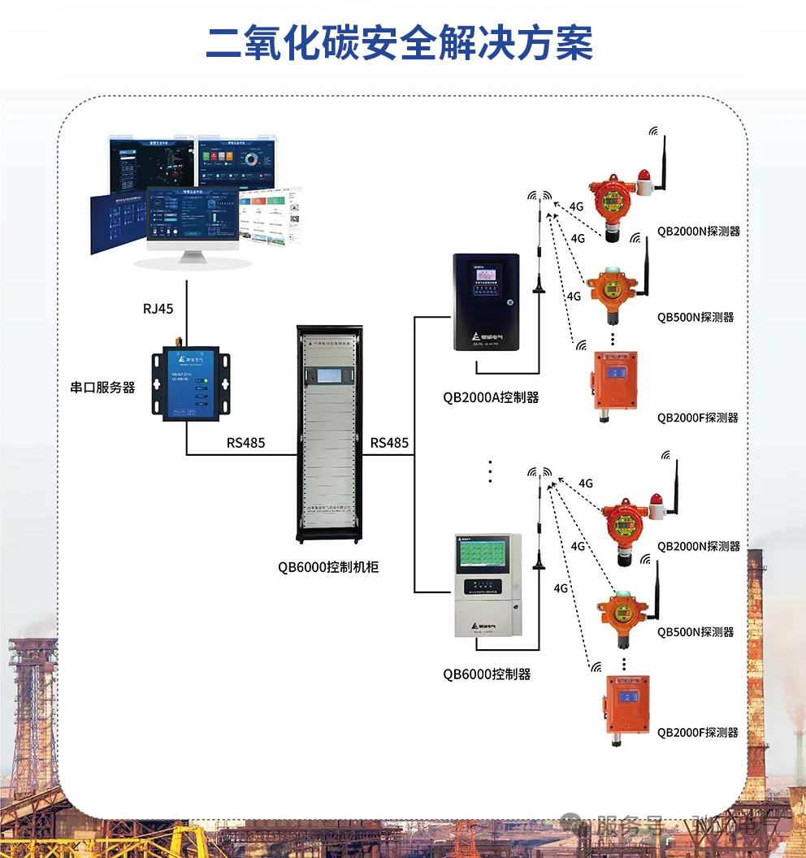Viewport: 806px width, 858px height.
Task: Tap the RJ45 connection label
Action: click(158, 308)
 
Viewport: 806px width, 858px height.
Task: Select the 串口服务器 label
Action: click(102, 388)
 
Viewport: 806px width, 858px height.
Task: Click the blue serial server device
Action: click(186, 382)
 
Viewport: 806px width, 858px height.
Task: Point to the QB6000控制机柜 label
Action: click(328, 567)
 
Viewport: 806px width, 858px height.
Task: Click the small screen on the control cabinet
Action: click(329, 376)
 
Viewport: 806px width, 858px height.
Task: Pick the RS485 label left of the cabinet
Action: click(245, 443)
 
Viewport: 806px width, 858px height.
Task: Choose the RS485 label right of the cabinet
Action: click(389, 443)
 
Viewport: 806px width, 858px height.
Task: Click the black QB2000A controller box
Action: click(486, 302)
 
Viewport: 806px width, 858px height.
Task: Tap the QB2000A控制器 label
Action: click(491, 397)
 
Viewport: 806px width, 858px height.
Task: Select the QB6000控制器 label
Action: click(487, 674)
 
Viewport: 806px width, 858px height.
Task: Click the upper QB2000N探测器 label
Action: click(699, 231)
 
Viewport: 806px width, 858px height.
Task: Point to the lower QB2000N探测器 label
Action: click(699, 546)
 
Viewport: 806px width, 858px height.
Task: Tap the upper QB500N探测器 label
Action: click(695, 317)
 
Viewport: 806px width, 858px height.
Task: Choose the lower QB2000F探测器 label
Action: click(698, 732)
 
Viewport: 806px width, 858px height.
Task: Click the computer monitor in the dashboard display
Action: click(193, 218)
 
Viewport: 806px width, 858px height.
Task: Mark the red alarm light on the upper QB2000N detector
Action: click(646, 176)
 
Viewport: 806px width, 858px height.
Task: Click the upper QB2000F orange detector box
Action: click(615, 380)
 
